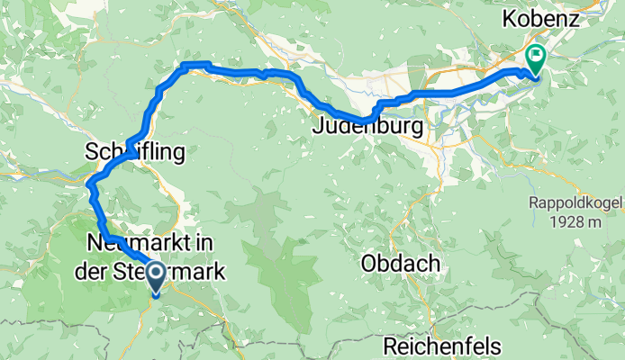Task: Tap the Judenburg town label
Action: pos(367,128)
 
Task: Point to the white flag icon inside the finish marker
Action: pos(535,56)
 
